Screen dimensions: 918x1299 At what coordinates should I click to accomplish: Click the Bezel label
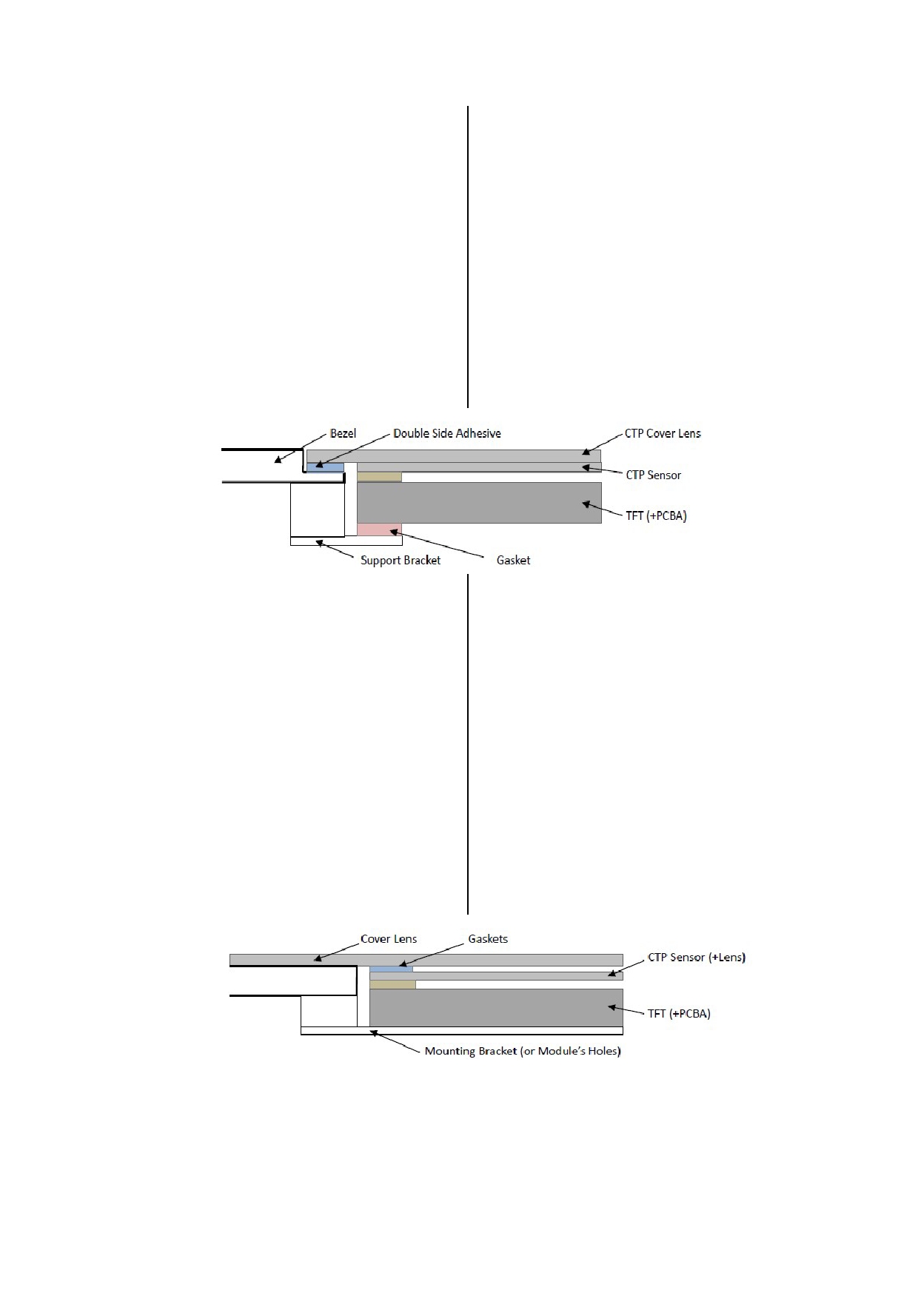(x=343, y=433)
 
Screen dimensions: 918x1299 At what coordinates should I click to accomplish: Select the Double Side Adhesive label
(x=447, y=433)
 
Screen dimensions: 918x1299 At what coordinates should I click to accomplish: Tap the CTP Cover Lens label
(x=663, y=433)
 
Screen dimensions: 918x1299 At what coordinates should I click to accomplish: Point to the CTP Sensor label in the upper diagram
(x=654, y=475)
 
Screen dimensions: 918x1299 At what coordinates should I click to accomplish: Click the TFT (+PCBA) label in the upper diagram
(x=657, y=515)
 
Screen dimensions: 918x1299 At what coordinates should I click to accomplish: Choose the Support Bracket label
(x=401, y=560)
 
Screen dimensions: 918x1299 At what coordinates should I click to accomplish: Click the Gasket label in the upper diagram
(x=513, y=560)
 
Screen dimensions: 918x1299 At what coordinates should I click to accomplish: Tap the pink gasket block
(x=379, y=530)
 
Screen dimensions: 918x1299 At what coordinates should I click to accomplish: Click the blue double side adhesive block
(x=325, y=467)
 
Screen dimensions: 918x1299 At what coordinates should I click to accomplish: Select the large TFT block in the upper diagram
(x=479, y=503)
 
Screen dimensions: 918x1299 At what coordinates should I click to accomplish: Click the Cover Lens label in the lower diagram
(x=389, y=939)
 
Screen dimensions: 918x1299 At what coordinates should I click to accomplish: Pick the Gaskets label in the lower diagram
(x=488, y=939)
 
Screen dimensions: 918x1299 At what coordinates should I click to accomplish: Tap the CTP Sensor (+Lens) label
(x=697, y=957)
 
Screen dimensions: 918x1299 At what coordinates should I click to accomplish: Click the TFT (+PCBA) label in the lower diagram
(x=679, y=1013)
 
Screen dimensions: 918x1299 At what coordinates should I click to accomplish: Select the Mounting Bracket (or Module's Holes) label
(x=523, y=1051)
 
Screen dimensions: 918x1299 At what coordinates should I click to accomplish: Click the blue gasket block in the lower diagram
(x=391, y=969)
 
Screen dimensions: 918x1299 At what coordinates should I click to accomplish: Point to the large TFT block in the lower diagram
(x=496, y=1007)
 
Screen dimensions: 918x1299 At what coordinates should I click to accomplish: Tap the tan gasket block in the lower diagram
(x=392, y=984)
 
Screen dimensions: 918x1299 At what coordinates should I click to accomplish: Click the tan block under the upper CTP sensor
(x=379, y=477)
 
